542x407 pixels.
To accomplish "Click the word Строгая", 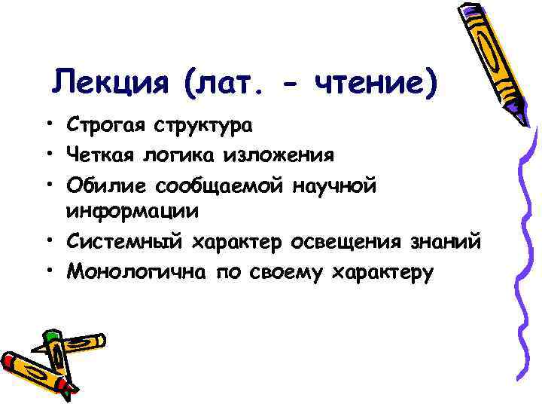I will pyautogui.click(x=106, y=125).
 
